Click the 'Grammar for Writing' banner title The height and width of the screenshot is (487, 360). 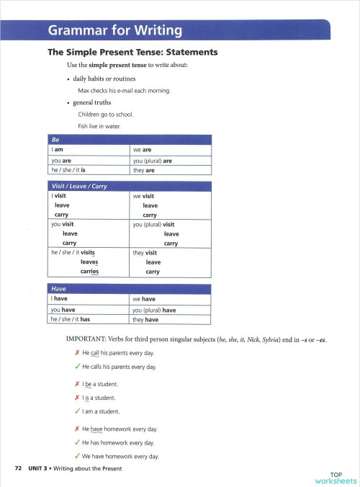coord(114,31)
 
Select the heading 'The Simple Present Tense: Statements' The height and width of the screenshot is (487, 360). coord(132,53)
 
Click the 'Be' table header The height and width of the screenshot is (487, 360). coord(55,139)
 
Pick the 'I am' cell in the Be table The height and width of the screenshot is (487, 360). coord(57,150)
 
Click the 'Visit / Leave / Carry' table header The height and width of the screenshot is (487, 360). coord(79,186)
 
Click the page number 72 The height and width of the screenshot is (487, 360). coord(19,468)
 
